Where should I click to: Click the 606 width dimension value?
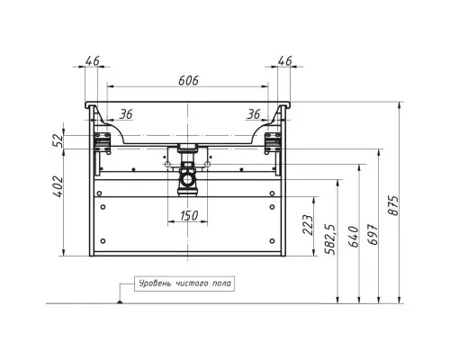point(188,80)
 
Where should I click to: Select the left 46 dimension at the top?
point(92,61)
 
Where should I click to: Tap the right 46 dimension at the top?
point(284,61)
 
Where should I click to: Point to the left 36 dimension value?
point(126,114)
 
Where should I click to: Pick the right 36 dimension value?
point(254,114)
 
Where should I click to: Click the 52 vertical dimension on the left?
point(58,140)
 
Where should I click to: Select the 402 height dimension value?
point(58,186)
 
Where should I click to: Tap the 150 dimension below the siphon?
point(189,215)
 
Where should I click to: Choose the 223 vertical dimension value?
point(308,225)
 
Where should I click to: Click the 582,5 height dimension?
point(331,239)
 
